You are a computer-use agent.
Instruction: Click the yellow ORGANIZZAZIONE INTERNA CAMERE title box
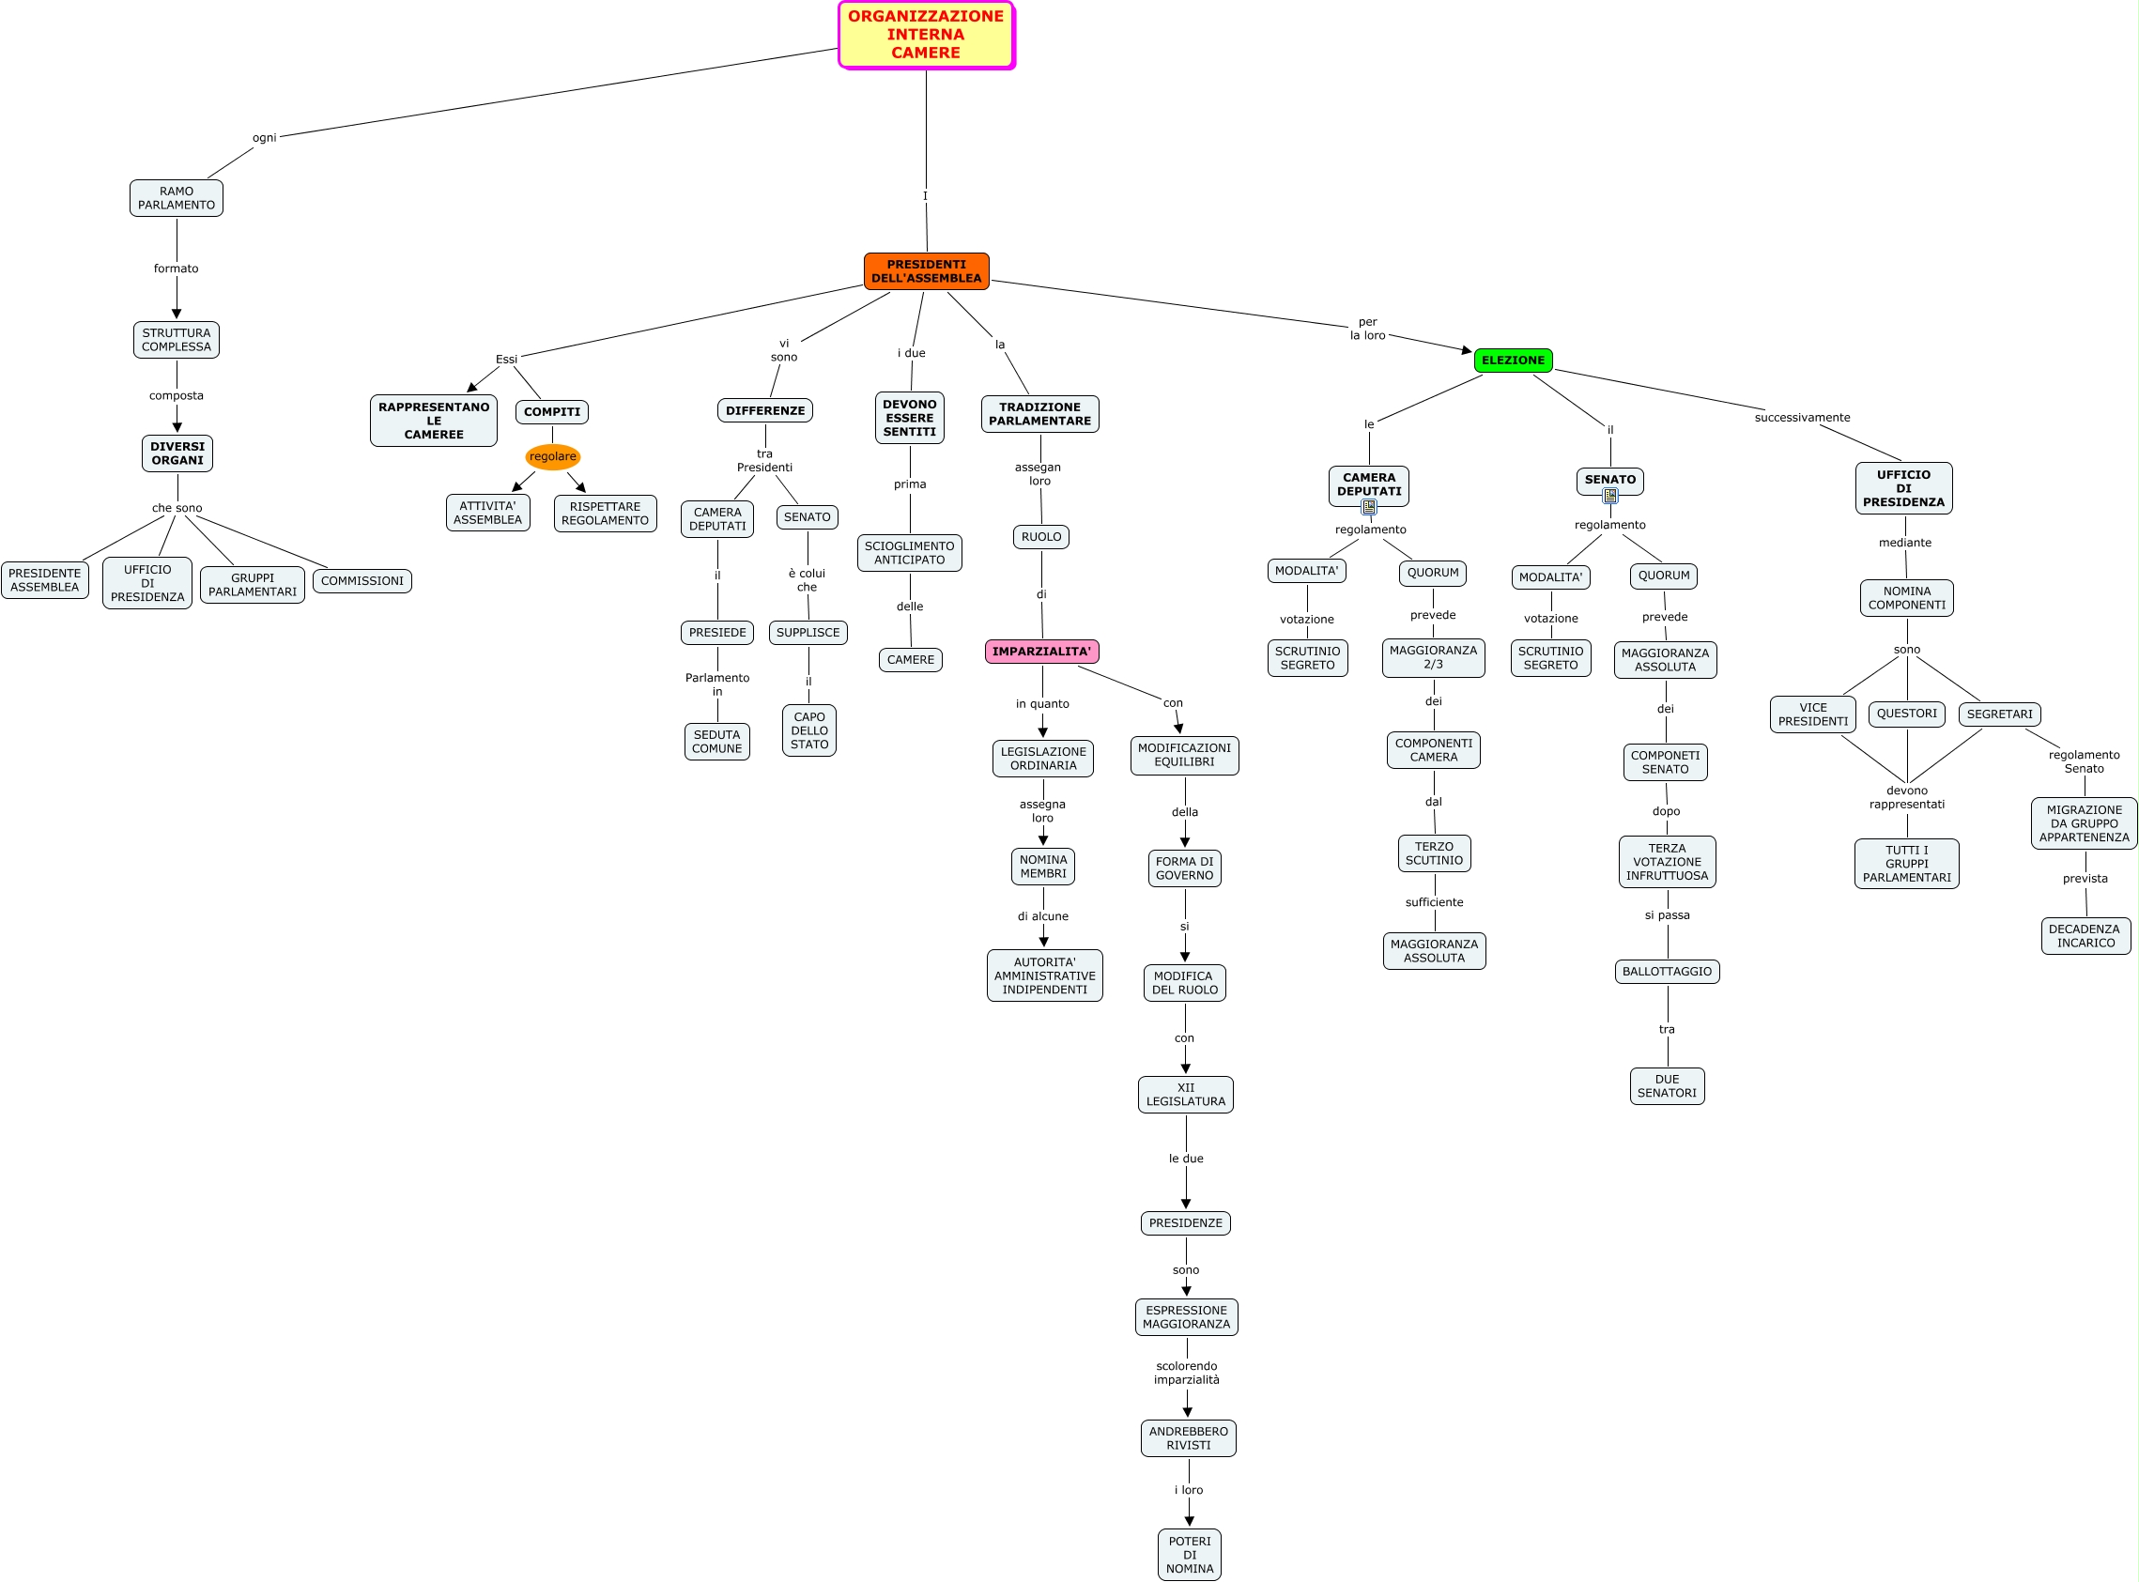click(926, 35)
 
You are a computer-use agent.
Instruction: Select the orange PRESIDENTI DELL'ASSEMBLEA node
click(926, 271)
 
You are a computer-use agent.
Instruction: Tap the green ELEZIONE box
click(1513, 361)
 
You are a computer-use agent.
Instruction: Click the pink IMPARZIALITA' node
click(1041, 652)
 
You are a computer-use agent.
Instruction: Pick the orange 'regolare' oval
click(552, 457)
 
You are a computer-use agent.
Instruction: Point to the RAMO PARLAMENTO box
click(177, 198)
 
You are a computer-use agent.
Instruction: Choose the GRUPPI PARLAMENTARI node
click(253, 585)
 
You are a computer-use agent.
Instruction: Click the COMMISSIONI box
click(362, 581)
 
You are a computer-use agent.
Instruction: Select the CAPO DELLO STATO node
click(809, 730)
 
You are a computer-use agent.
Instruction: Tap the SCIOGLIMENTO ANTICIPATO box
click(910, 553)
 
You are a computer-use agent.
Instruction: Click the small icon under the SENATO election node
click(1610, 496)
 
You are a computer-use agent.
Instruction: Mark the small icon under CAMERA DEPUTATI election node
click(1369, 507)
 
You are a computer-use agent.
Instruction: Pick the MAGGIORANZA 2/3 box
click(1433, 658)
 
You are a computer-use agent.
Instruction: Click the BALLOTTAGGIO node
click(1667, 971)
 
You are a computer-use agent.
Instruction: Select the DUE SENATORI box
click(1667, 1086)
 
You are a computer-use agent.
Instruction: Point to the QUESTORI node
click(1906, 714)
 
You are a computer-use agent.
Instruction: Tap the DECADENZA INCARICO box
click(2085, 936)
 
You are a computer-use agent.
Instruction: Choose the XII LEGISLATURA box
click(1185, 1095)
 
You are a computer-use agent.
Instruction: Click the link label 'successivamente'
click(1802, 418)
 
